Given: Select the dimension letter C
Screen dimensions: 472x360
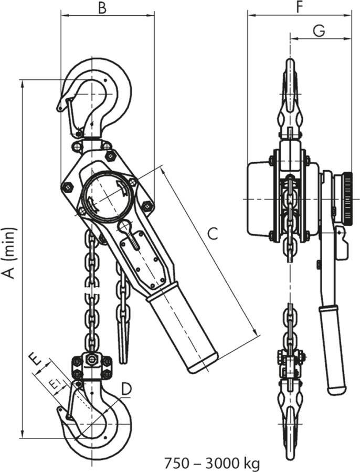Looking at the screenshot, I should (211, 234).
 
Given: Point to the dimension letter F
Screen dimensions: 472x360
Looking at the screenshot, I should (299, 7).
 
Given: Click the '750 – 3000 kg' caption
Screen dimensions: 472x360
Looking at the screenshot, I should (211, 464).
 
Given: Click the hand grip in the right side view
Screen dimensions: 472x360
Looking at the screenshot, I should (333, 349).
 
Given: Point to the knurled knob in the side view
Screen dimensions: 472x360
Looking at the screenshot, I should (348, 194).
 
